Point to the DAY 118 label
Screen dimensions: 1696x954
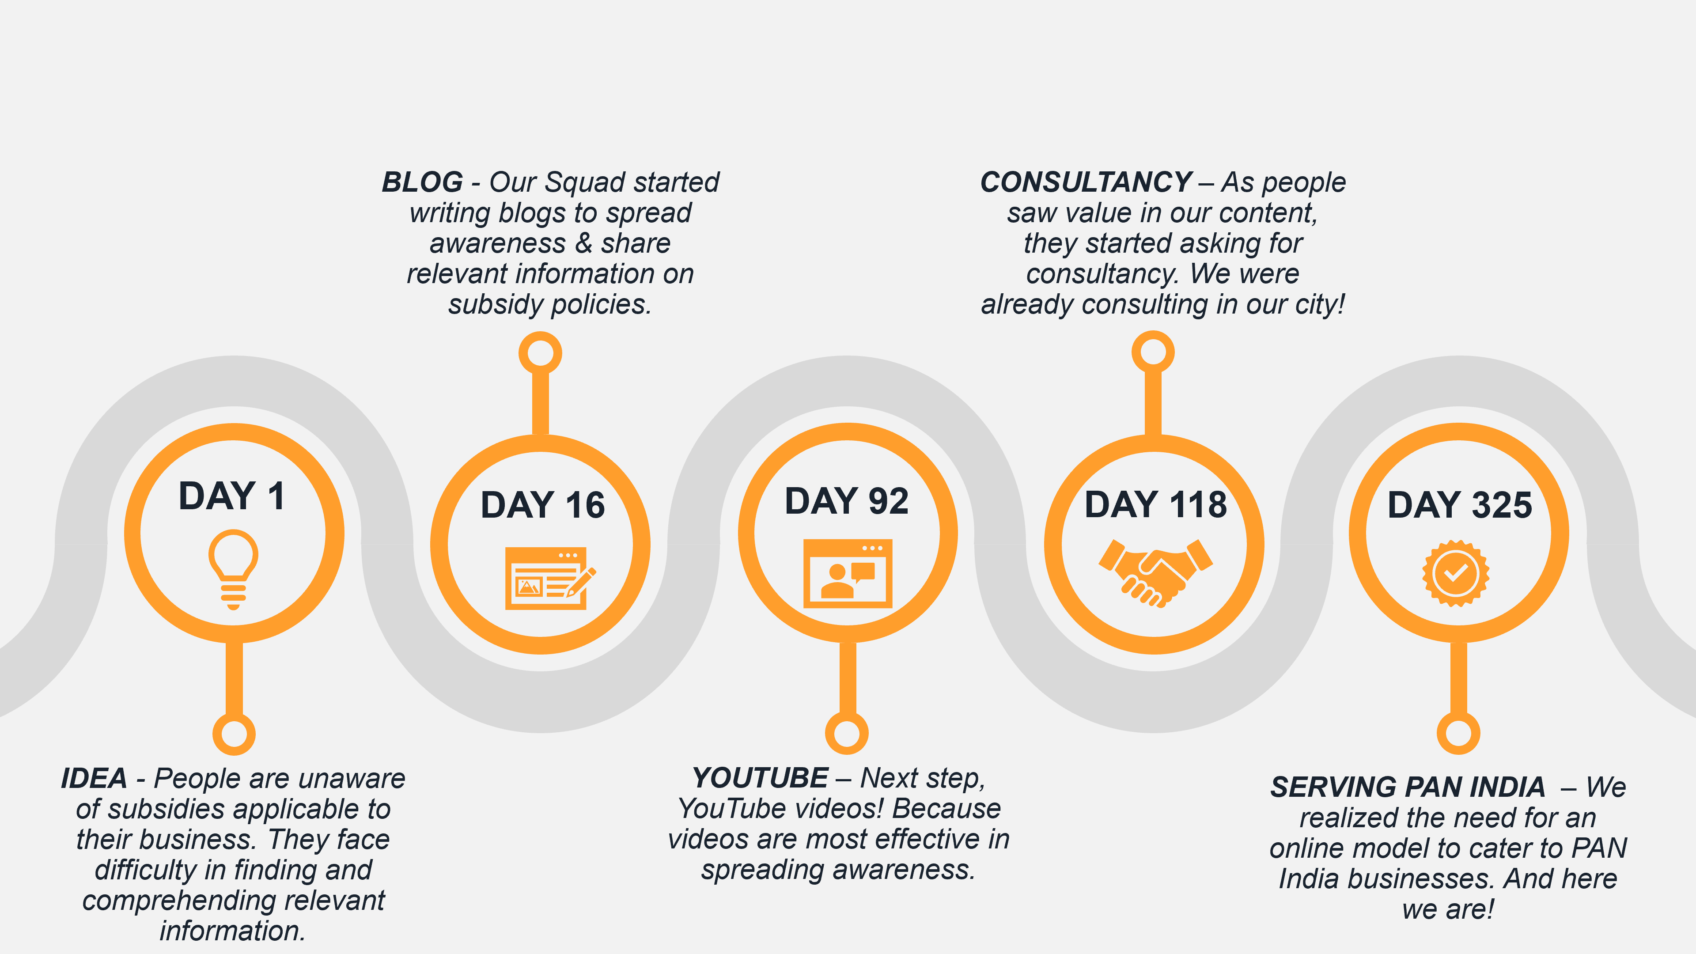click(1155, 505)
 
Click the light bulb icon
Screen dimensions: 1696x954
click(233, 569)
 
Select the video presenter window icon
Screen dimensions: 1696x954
click(848, 573)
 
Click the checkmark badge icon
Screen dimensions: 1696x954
click(1456, 573)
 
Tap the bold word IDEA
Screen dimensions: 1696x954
click(94, 779)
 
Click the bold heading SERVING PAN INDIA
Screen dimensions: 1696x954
click(1408, 787)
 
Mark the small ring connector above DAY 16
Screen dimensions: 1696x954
click(540, 353)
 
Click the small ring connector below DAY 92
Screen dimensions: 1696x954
click(847, 733)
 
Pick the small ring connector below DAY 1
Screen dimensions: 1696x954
click(234, 734)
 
